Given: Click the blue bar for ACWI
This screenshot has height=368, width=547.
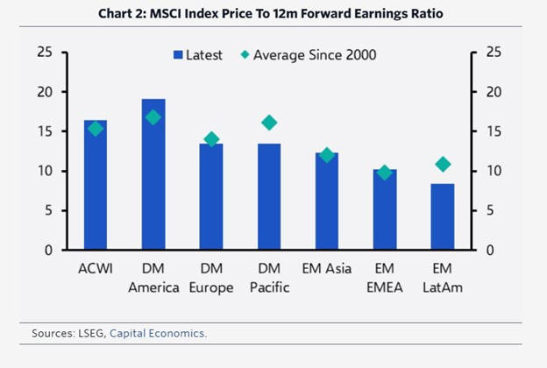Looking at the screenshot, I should pos(96,186).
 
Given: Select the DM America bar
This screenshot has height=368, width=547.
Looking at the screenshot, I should pos(153,175).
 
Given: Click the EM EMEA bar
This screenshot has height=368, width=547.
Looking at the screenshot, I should pos(385,210).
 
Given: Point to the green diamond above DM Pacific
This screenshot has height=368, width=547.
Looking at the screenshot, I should pos(269,123).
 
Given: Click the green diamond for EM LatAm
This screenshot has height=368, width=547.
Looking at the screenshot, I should pos(443,164).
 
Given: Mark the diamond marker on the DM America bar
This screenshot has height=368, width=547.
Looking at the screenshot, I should pos(153,117).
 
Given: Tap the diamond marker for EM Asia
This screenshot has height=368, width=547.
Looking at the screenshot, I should pos(327,155).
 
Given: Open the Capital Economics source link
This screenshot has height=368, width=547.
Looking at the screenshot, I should pos(159,333).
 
